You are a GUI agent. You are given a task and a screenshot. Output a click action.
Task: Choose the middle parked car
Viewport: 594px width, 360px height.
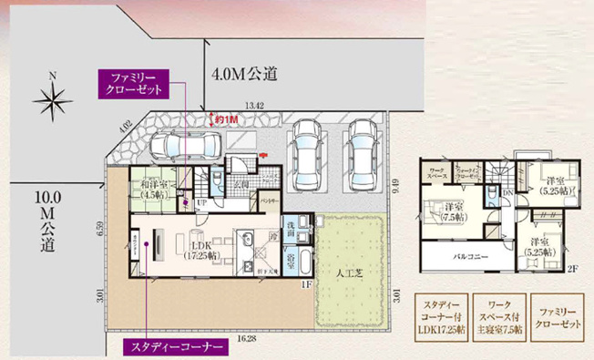pos(306,149)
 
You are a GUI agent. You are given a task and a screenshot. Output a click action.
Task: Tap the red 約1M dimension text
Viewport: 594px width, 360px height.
pos(226,118)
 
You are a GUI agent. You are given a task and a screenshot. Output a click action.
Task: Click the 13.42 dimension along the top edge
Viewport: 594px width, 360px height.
pos(255,107)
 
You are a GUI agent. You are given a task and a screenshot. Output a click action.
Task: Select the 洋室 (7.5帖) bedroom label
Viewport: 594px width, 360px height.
pos(449,212)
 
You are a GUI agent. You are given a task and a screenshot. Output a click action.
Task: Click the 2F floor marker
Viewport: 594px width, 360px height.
pos(571,269)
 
